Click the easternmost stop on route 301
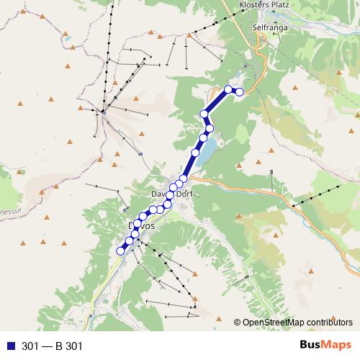[240, 91]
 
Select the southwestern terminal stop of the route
[121, 251]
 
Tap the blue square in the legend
[10, 346]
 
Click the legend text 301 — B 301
[53, 346]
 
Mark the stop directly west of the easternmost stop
[228, 89]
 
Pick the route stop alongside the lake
[195, 153]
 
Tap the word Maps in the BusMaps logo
[338, 346]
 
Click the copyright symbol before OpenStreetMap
[238, 322]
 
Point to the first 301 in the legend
[30, 346]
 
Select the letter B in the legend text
[58, 346]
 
